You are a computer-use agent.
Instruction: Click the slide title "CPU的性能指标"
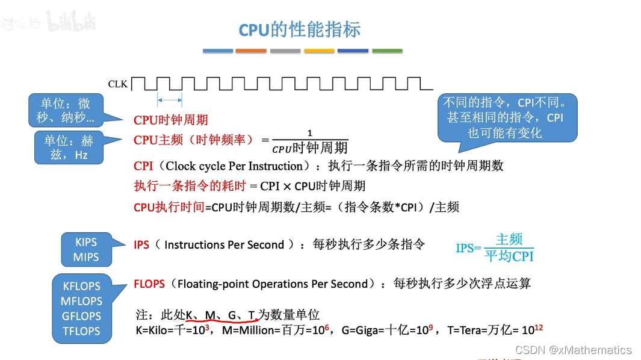coord(299,30)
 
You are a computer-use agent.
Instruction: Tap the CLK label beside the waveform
coord(118,84)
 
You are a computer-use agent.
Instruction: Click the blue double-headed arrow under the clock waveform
coord(170,101)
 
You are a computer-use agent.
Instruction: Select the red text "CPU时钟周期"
coord(170,120)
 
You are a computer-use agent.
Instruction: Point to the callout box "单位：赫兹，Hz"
coord(69,147)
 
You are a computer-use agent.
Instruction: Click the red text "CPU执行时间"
coord(169,208)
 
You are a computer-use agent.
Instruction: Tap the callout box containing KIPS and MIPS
coord(86,250)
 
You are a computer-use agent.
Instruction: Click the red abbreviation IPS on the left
coord(141,245)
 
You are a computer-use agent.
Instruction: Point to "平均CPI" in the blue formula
coord(509,256)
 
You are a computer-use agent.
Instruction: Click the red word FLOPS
coord(149,284)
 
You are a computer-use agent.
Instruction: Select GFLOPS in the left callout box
coord(81,316)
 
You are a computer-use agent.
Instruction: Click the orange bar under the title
coord(251,51)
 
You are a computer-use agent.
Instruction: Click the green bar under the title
coord(387,51)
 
